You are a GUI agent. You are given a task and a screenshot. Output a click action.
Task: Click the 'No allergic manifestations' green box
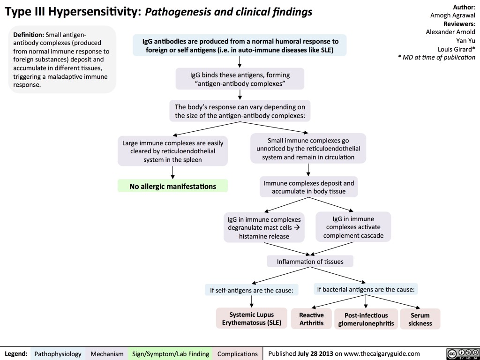click(172, 186)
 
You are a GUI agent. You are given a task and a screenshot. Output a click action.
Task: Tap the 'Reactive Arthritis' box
click(311, 318)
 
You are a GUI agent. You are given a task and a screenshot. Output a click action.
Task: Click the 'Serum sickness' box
click(420, 318)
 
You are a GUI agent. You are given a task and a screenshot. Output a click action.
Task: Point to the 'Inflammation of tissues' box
click(310, 261)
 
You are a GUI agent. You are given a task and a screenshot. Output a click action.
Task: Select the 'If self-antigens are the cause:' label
click(252, 290)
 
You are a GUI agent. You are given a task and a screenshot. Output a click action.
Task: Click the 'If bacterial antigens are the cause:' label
click(366, 289)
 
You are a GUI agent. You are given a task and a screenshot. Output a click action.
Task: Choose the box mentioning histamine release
click(263, 227)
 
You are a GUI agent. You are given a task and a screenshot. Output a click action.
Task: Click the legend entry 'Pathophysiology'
click(58, 353)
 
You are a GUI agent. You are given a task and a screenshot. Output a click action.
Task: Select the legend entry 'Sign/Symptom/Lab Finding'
click(171, 353)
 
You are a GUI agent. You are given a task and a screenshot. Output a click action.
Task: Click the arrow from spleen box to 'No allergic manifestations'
click(172, 172)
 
